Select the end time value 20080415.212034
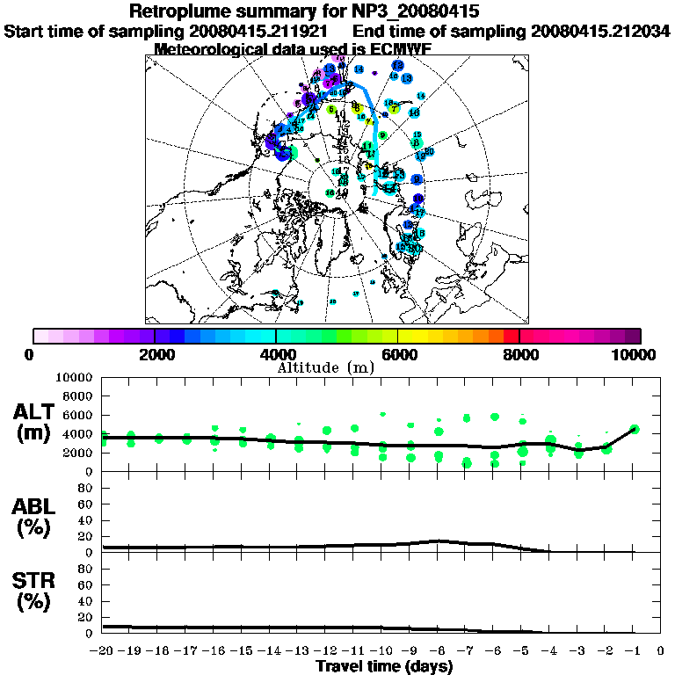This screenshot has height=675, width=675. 600,31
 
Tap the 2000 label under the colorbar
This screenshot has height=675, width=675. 155,355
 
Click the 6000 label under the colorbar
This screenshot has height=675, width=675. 398,355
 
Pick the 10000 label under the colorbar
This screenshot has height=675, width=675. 635,355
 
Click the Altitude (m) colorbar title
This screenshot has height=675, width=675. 326,367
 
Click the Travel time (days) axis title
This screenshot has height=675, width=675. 385,667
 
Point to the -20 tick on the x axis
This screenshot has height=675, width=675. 103,651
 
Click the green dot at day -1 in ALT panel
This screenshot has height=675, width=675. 635,429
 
